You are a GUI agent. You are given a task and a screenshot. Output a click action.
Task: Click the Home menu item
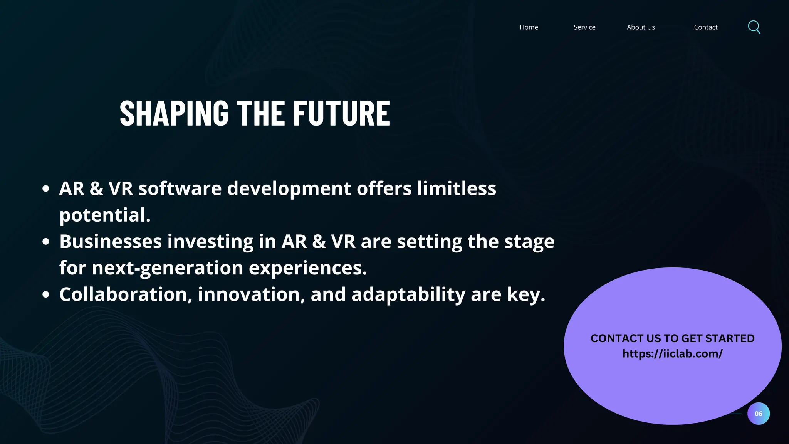click(x=529, y=27)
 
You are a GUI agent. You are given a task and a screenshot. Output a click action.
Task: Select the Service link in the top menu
click(x=584, y=27)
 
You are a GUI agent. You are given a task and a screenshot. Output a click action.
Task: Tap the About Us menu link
click(x=641, y=27)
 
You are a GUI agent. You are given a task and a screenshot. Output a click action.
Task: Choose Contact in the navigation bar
click(x=705, y=27)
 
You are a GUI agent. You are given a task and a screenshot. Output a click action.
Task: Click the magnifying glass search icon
click(x=754, y=27)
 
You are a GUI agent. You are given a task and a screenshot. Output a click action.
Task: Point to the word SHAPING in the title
click(x=174, y=113)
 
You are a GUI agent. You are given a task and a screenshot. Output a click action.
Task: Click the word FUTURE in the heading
click(x=341, y=113)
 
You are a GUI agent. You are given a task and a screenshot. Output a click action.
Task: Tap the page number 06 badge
click(x=758, y=414)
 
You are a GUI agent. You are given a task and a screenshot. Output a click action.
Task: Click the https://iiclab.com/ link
click(x=672, y=354)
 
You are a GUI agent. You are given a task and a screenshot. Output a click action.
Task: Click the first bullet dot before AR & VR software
click(x=46, y=189)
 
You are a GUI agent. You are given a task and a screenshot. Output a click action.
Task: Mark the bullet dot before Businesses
click(x=46, y=242)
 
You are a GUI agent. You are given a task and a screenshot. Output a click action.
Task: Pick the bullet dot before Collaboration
click(x=46, y=294)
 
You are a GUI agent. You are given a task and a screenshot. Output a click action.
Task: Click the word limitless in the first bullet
click(x=457, y=188)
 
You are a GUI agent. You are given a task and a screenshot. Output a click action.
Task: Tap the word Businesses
click(x=111, y=242)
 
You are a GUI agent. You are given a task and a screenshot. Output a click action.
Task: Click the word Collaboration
click(x=123, y=294)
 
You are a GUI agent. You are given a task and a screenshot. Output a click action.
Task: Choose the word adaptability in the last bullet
click(x=408, y=294)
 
